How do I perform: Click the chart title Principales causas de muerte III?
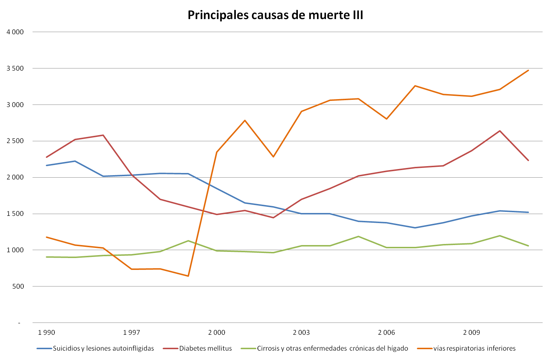pyautogui.click(x=275, y=15)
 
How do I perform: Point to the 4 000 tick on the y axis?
pyautogui.click(x=15, y=32)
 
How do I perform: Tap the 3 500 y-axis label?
pyautogui.click(x=15, y=68)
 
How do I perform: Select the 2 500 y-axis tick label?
pyautogui.click(x=15, y=141)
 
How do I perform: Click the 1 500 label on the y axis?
pyautogui.click(x=15, y=214)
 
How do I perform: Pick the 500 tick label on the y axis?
pyautogui.click(x=18, y=286)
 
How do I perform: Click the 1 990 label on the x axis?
pyautogui.click(x=47, y=332)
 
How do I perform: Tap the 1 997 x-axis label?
pyautogui.click(x=132, y=332)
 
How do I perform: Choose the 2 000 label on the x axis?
pyautogui.click(x=217, y=332)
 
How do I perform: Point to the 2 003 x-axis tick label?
pyautogui.click(x=301, y=332)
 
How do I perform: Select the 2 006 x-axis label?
pyautogui.click(x=387, y=332)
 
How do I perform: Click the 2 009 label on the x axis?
pyautogui.click(x=472, y=332)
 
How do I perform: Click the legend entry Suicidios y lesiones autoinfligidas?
pyautogui.click(x=103, y=348)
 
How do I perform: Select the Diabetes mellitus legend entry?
pyautogui.click(x=206, y=348)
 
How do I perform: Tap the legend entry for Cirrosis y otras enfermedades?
pyautogui.click(x=332, y=348)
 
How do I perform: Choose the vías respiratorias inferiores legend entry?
pyautogui.click(x=474, y=348)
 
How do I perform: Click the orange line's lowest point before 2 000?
pyautogui.click(x=188, y=276)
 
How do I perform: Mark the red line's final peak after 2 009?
pyautogui.click(x=500, y=131)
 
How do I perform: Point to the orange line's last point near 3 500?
pyautogui.click(x=528, y=70)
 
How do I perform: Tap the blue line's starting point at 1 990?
pyautogui.click(x=47, y=165)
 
